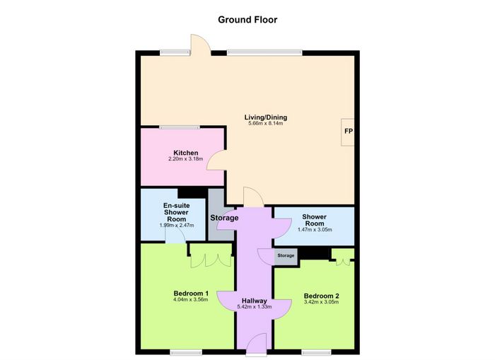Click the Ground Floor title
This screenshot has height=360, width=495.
[248, 20]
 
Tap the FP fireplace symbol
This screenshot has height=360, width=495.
[348, 132]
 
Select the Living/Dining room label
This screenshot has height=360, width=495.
[266, 117]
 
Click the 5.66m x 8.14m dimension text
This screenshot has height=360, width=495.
[266, 124]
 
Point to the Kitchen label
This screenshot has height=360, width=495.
[185, 153]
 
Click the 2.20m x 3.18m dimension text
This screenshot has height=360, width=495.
[185, 159]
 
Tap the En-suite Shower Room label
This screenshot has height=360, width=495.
[177, 212]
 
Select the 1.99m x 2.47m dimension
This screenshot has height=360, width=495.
[177, 226]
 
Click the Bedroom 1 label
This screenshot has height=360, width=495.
[191, 294]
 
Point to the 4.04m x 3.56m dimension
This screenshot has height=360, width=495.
[191, 299]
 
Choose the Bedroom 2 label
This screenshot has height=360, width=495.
[321, 296]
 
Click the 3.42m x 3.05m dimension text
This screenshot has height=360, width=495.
[321, 302]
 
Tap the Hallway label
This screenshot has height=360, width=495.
[254, 301]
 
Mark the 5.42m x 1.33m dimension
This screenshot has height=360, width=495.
[255, 307]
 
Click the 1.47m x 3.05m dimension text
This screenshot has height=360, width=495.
[315, 230]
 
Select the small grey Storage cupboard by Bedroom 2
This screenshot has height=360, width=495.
[286, 257]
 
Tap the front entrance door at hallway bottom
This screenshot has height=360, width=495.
[256, 344]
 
